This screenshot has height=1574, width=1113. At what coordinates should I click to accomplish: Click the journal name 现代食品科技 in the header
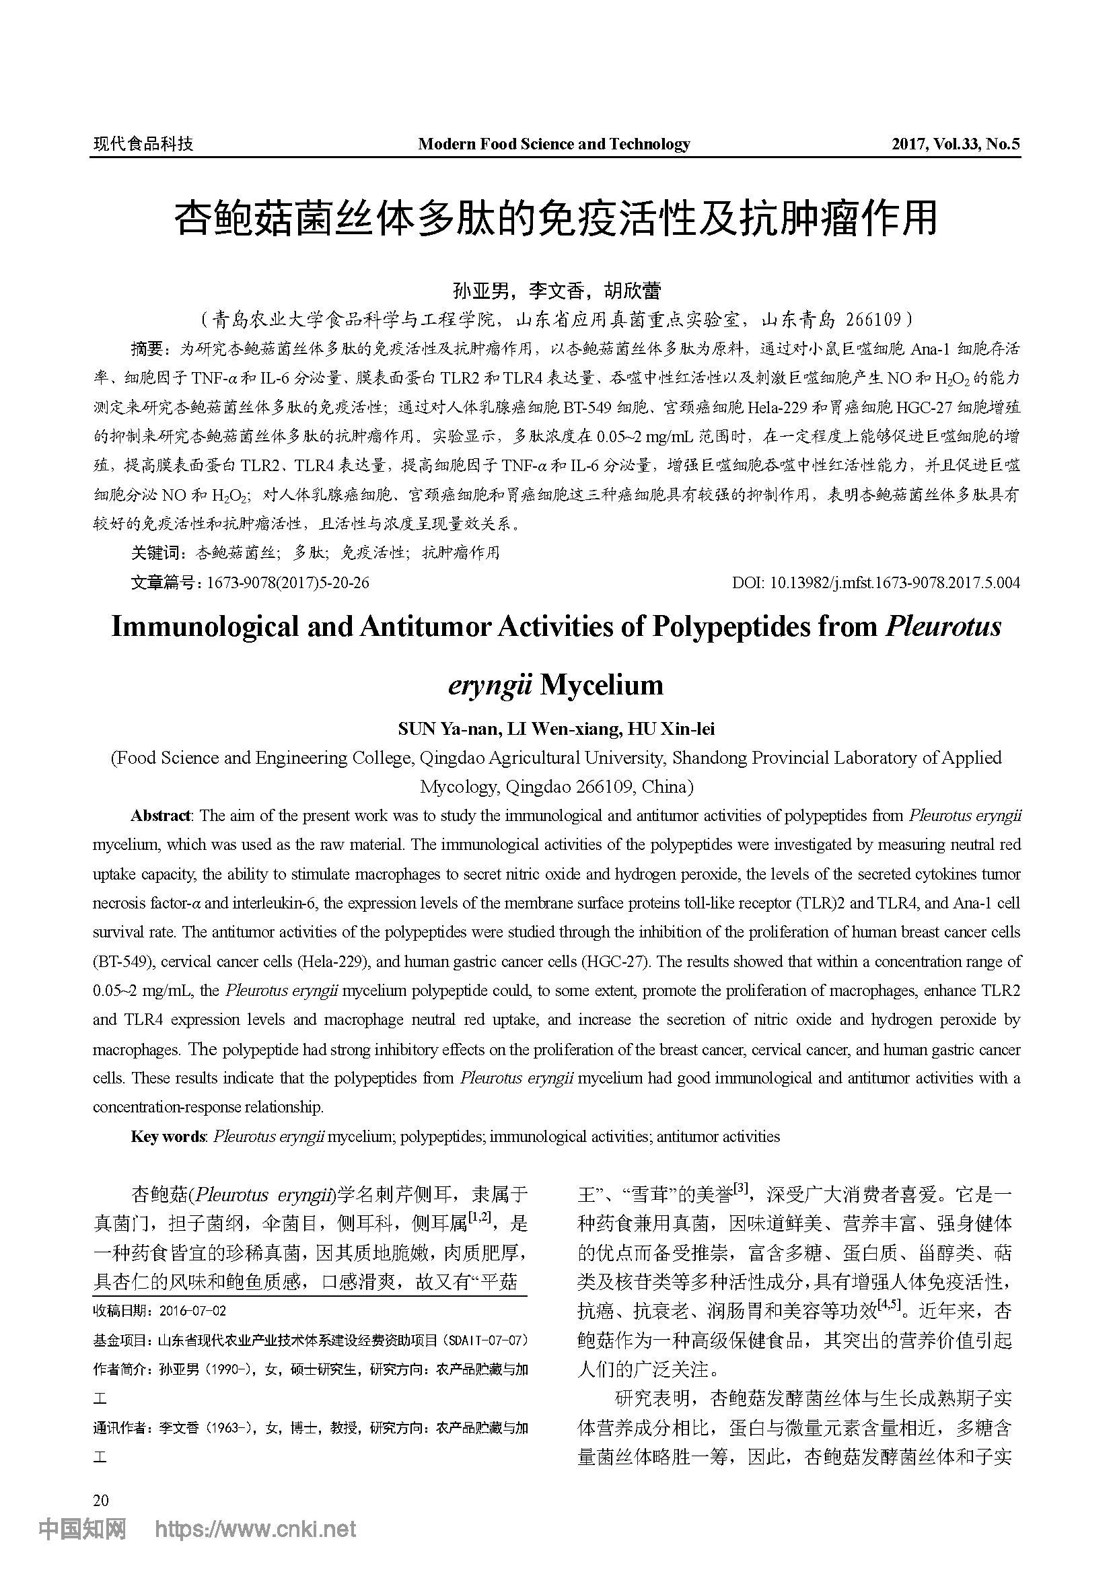click(143, 144)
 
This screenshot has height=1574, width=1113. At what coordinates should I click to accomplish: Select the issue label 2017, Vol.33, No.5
click(956, 144)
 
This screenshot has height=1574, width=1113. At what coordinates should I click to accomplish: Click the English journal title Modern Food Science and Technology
click(554, 144)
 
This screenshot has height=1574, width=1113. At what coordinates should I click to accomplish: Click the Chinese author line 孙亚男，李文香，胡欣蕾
click(556, 291)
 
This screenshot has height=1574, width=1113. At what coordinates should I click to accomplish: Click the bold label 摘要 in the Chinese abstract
click(148, 349)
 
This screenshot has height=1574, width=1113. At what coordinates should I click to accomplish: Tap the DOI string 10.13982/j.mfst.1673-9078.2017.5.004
click(894, 583)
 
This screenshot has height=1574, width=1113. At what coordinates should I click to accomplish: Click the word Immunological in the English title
click(205, 627)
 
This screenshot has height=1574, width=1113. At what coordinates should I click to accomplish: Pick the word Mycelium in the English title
click(601, 684)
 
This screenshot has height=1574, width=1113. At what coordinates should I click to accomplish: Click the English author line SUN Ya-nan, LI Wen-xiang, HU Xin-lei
click(556, 728)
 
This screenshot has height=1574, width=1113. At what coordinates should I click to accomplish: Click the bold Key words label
click(168, 1137)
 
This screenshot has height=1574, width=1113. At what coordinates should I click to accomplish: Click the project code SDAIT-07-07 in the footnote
click(487, 1340)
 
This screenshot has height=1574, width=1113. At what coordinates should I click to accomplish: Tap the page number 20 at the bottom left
click(101, 1500)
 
